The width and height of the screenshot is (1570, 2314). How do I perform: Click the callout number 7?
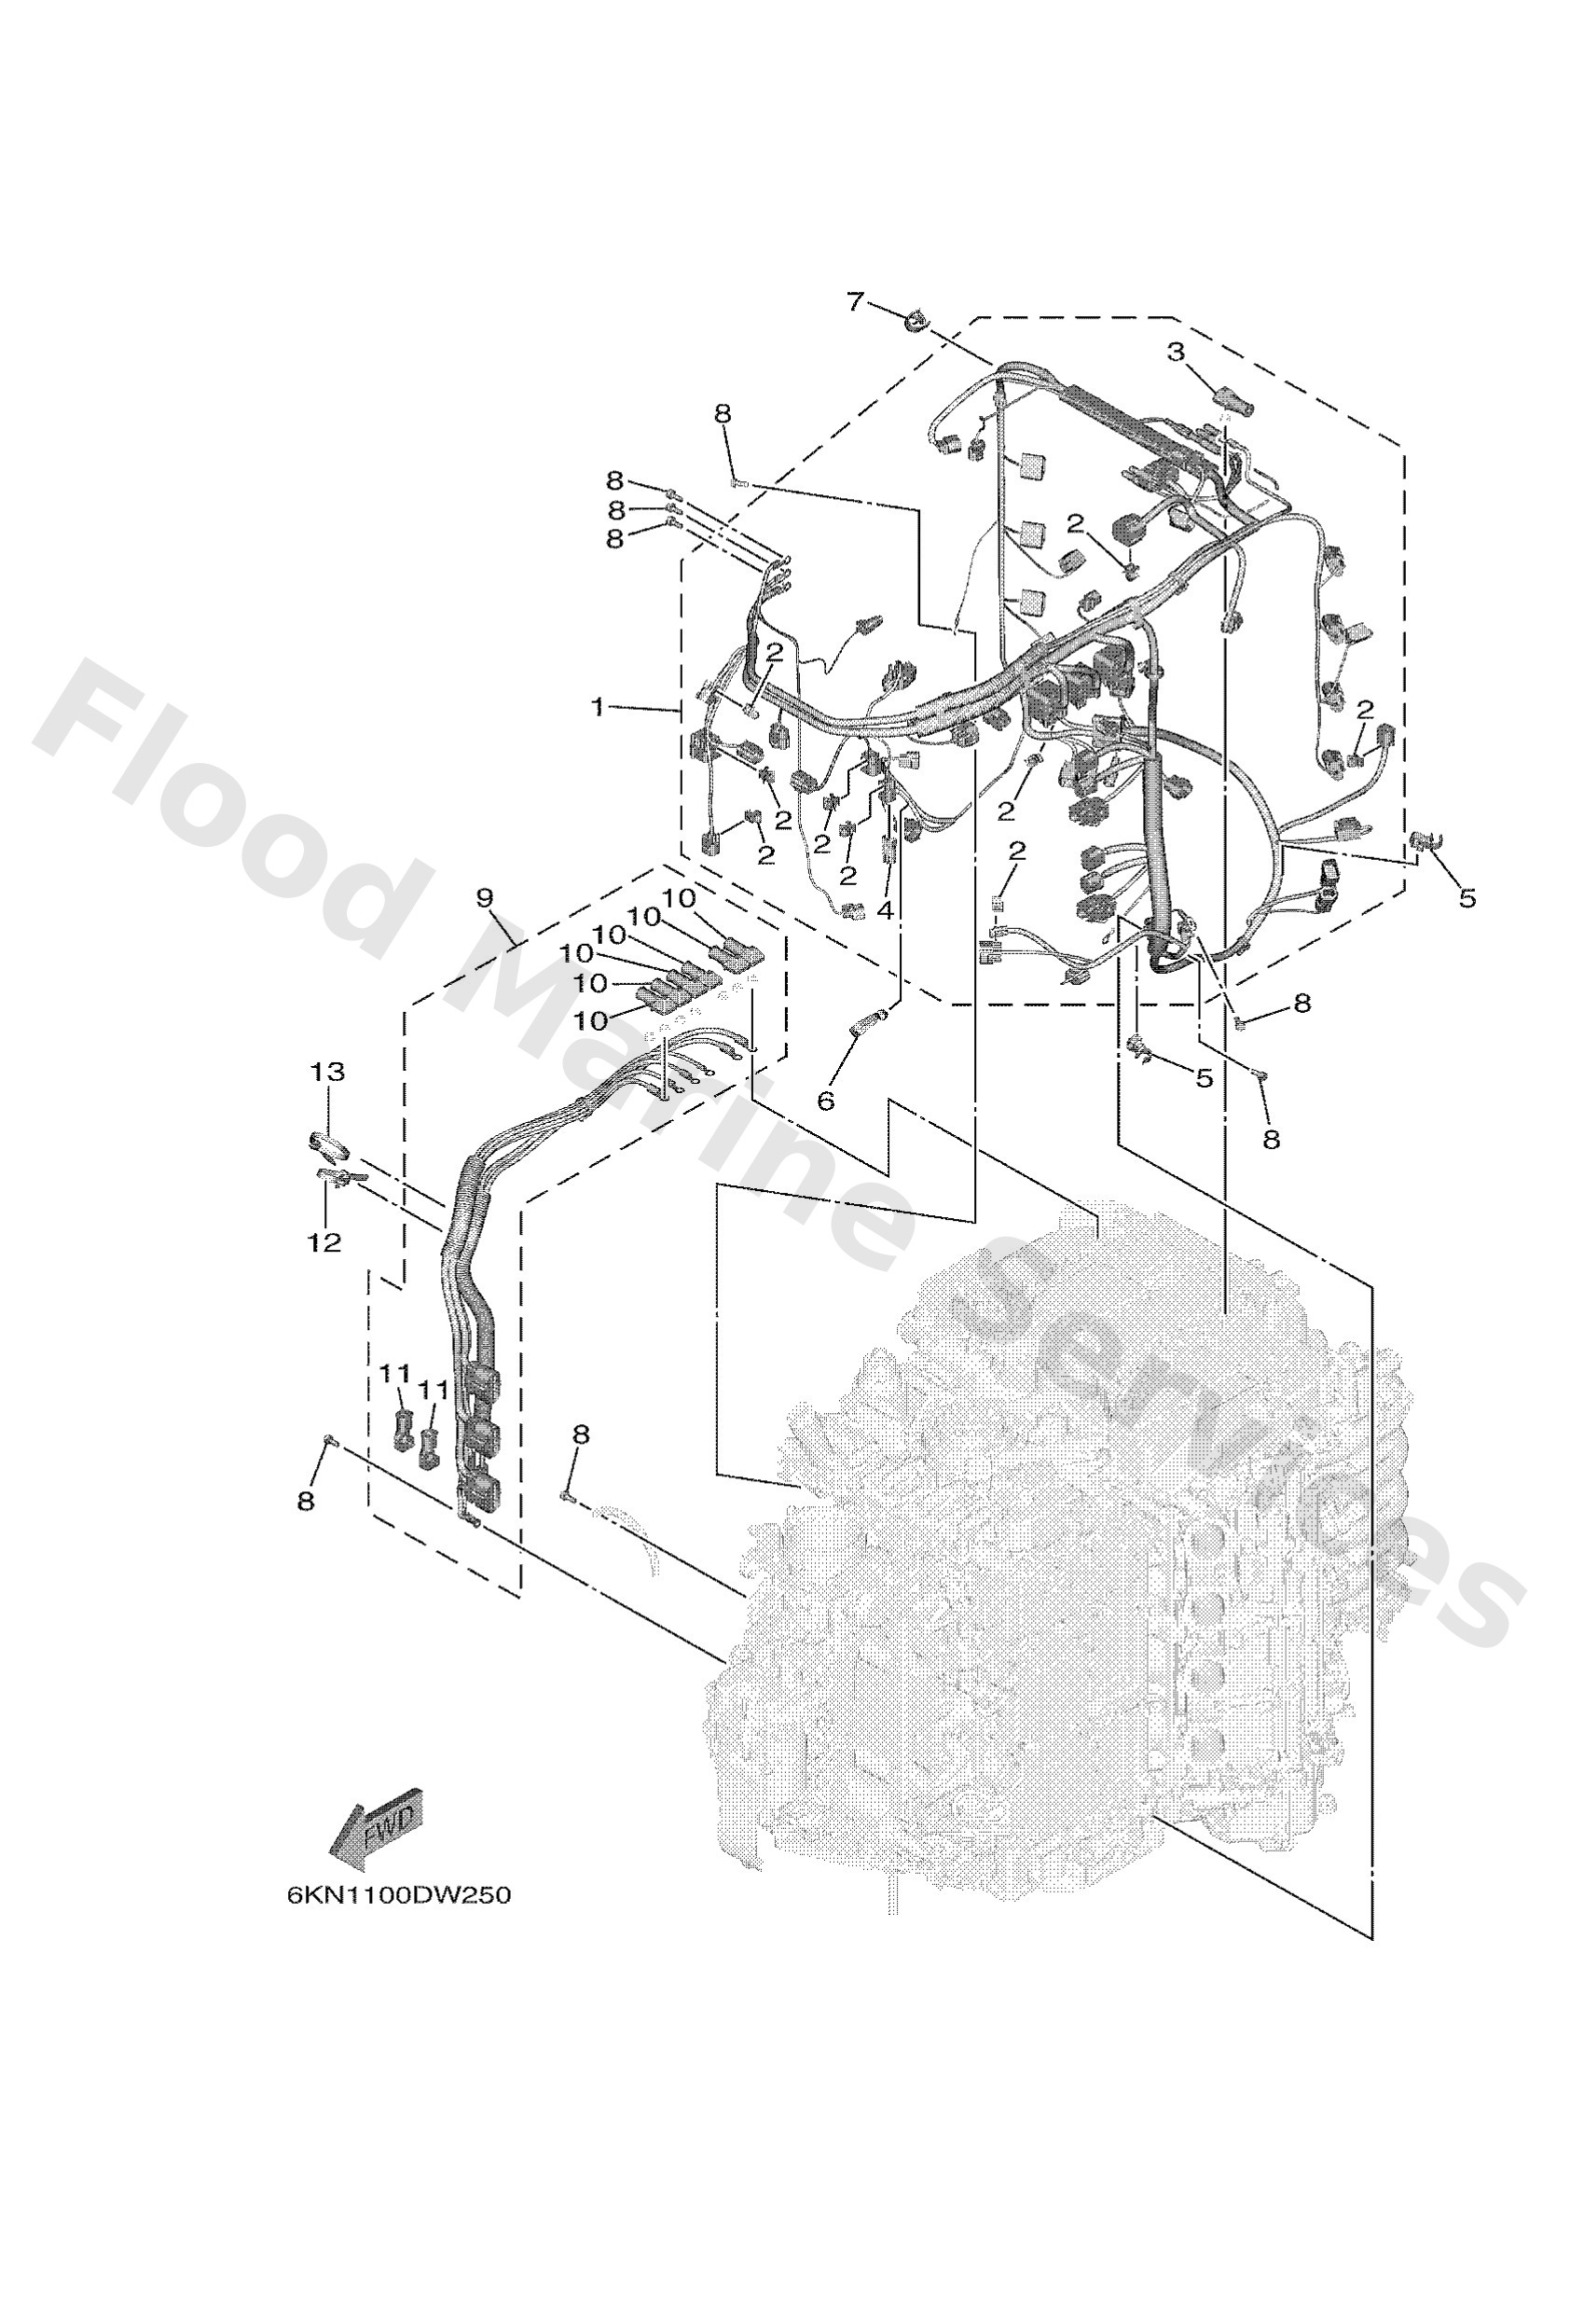coord(855,299)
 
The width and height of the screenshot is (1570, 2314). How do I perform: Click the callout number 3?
coord(1177,351)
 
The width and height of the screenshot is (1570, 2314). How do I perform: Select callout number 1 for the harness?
coord(598,707)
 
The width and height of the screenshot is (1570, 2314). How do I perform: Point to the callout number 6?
coord(825,1100)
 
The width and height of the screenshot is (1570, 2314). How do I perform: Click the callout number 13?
coord(327,1072)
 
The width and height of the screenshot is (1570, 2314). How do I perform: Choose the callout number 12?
coord(324,1241)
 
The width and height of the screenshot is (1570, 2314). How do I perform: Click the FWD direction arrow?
coord(379,1828)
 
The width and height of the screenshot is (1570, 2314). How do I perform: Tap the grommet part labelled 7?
coord(914,322)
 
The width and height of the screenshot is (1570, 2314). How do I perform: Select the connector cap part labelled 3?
coord(1233,402)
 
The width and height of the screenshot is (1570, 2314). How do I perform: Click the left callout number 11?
coord(396,1373)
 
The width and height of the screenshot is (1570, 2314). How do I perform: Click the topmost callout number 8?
coord(722,413)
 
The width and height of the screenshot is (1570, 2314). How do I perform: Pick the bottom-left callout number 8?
coord(306,1501)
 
